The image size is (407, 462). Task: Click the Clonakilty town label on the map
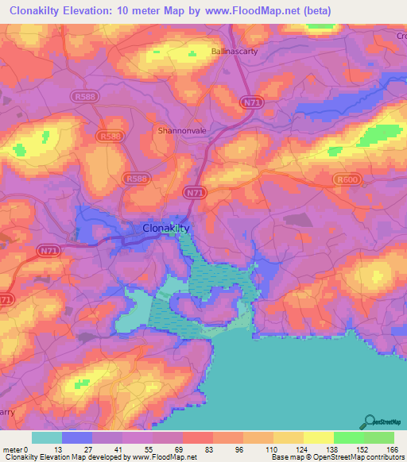coord(166,228)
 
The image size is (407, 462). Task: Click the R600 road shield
coord(344,180)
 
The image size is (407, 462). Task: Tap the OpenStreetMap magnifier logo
coord(368,422)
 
